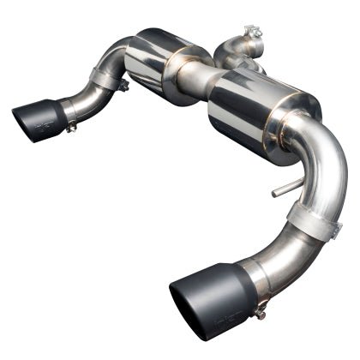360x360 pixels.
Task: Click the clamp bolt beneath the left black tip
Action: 71,128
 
